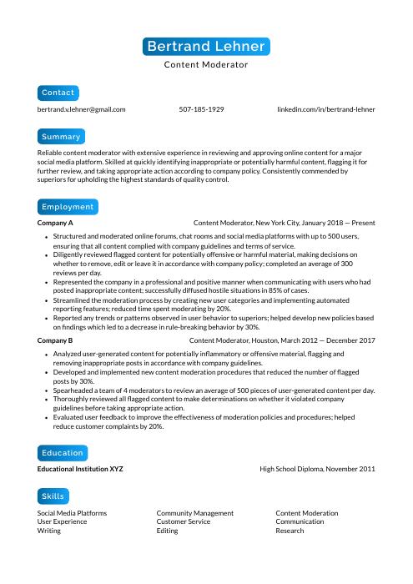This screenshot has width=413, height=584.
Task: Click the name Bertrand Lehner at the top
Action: click(x=206, y=47)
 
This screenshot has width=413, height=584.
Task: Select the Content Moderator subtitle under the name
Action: click(x=206, y=64)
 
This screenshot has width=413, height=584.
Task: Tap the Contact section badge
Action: click(x=58, y=93)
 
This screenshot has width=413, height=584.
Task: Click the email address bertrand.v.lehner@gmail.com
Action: click(x=81, y=109)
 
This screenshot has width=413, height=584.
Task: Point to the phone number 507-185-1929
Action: click(x=201, y=109)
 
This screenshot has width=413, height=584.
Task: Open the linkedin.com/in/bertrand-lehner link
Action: click(x=326, y=109)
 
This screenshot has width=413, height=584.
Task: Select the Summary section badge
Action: click(x=61, y=137)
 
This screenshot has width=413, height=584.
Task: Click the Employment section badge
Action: click(x=67, y=207)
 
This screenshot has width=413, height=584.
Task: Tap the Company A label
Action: click(x=55, y=224)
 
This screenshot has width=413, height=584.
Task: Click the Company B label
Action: click(x=55, y=340)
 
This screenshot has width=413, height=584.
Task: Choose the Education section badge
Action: click(x=63, y=453)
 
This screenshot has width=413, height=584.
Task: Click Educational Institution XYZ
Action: click(x=80, y=470)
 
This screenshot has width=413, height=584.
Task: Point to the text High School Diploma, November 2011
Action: click(x=317, y=470)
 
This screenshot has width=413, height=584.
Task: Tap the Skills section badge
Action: click(x=53, y=496)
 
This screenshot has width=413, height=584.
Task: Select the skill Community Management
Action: click(x=195, y=513)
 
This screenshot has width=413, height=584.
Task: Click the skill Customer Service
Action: click(x=183, y=521)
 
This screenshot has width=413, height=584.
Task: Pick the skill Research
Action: click(x=290, y=531)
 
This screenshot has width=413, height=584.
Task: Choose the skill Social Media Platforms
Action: click(x=72, y=513)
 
